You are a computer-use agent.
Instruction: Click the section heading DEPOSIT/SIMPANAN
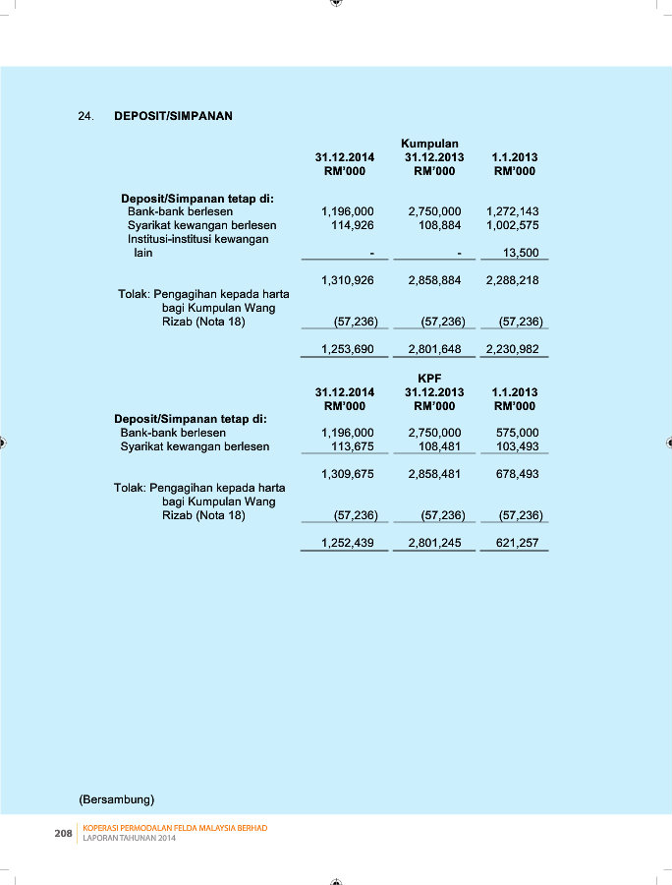[x=173, y=116]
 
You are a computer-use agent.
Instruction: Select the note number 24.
[x=85, y=116]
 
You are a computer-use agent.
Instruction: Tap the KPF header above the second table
[x=429, y=378]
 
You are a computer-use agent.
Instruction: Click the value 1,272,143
[x=512, y=211]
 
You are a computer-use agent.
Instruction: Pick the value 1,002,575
[x=512, y=225]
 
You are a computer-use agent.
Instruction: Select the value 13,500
[x=520, y=253]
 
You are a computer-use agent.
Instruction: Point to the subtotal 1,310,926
[x=348, y=280]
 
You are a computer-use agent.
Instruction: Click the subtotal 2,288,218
[x=512, y=280]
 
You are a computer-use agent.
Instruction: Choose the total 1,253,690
[x=348, y=349]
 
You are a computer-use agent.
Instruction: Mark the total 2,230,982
[x=512, y=349]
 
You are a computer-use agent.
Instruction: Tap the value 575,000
[x=518, y=433]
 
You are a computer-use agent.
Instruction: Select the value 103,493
[x=518, y=446]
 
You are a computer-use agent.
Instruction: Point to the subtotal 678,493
[x=518, y=474]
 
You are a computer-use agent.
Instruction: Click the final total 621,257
[x=518, y=543]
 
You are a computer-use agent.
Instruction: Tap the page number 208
[x=63, y=833]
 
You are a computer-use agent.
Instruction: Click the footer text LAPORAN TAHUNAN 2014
[x=129, y=838]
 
